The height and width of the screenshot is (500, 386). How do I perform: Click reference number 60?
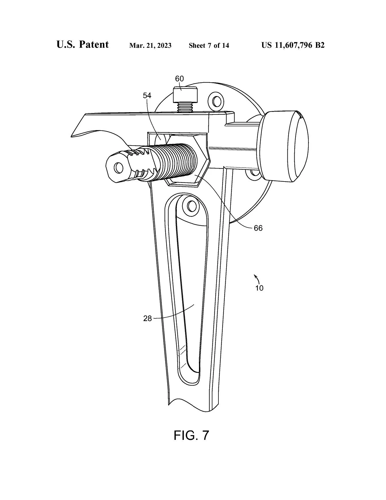click(x=179, y=79)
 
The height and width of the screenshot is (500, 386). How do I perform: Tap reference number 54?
click(x=147, y=96)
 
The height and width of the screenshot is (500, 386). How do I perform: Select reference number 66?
click(x=258, y=228)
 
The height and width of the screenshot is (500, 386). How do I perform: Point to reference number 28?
click(x=147, y=318)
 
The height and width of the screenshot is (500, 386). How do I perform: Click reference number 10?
click(x=259, y=288)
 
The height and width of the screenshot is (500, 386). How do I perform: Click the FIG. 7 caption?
click(x=191, y=435)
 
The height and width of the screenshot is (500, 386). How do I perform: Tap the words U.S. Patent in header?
click(x=82, y=45)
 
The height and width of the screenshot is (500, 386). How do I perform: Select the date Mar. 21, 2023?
click(x=150, y=45)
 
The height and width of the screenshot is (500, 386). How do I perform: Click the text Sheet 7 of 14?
click(x=209, y=45)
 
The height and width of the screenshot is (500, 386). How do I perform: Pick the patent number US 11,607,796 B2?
click(x=293, y=45)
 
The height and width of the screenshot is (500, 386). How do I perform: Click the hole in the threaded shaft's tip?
click(x=118, y=167)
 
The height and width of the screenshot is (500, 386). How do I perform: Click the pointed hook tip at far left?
click(x=73, y=135)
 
